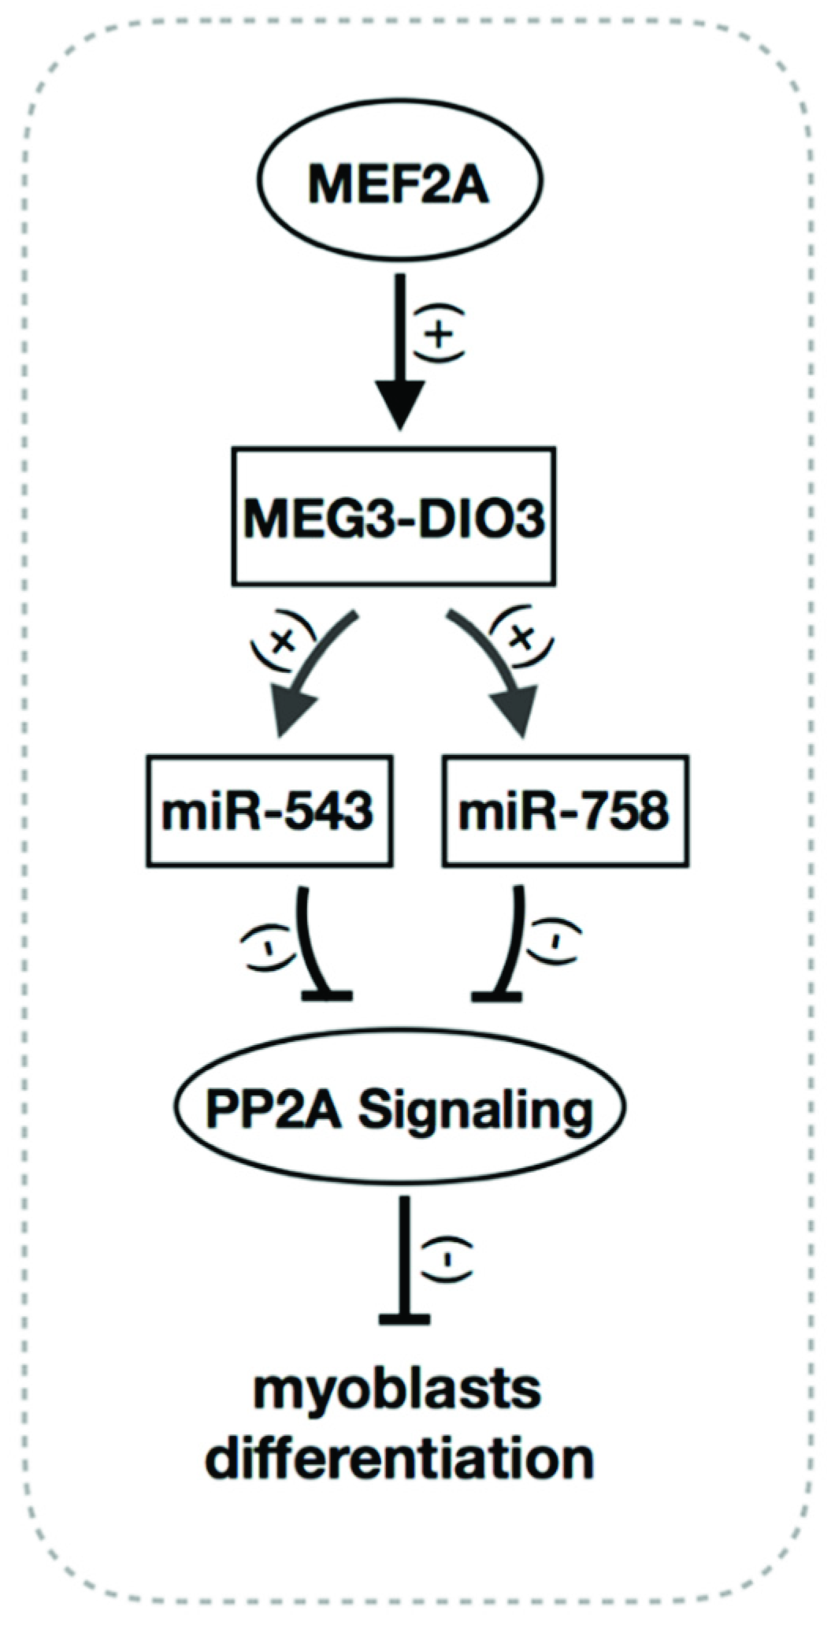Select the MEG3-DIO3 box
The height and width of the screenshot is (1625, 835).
pos(394,517)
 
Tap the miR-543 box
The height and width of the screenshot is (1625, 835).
pos(269,811)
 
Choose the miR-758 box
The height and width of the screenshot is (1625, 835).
pos(566,811)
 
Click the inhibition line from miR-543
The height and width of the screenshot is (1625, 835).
pos(312,946)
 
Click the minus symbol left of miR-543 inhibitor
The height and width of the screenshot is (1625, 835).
pos(265,944)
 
